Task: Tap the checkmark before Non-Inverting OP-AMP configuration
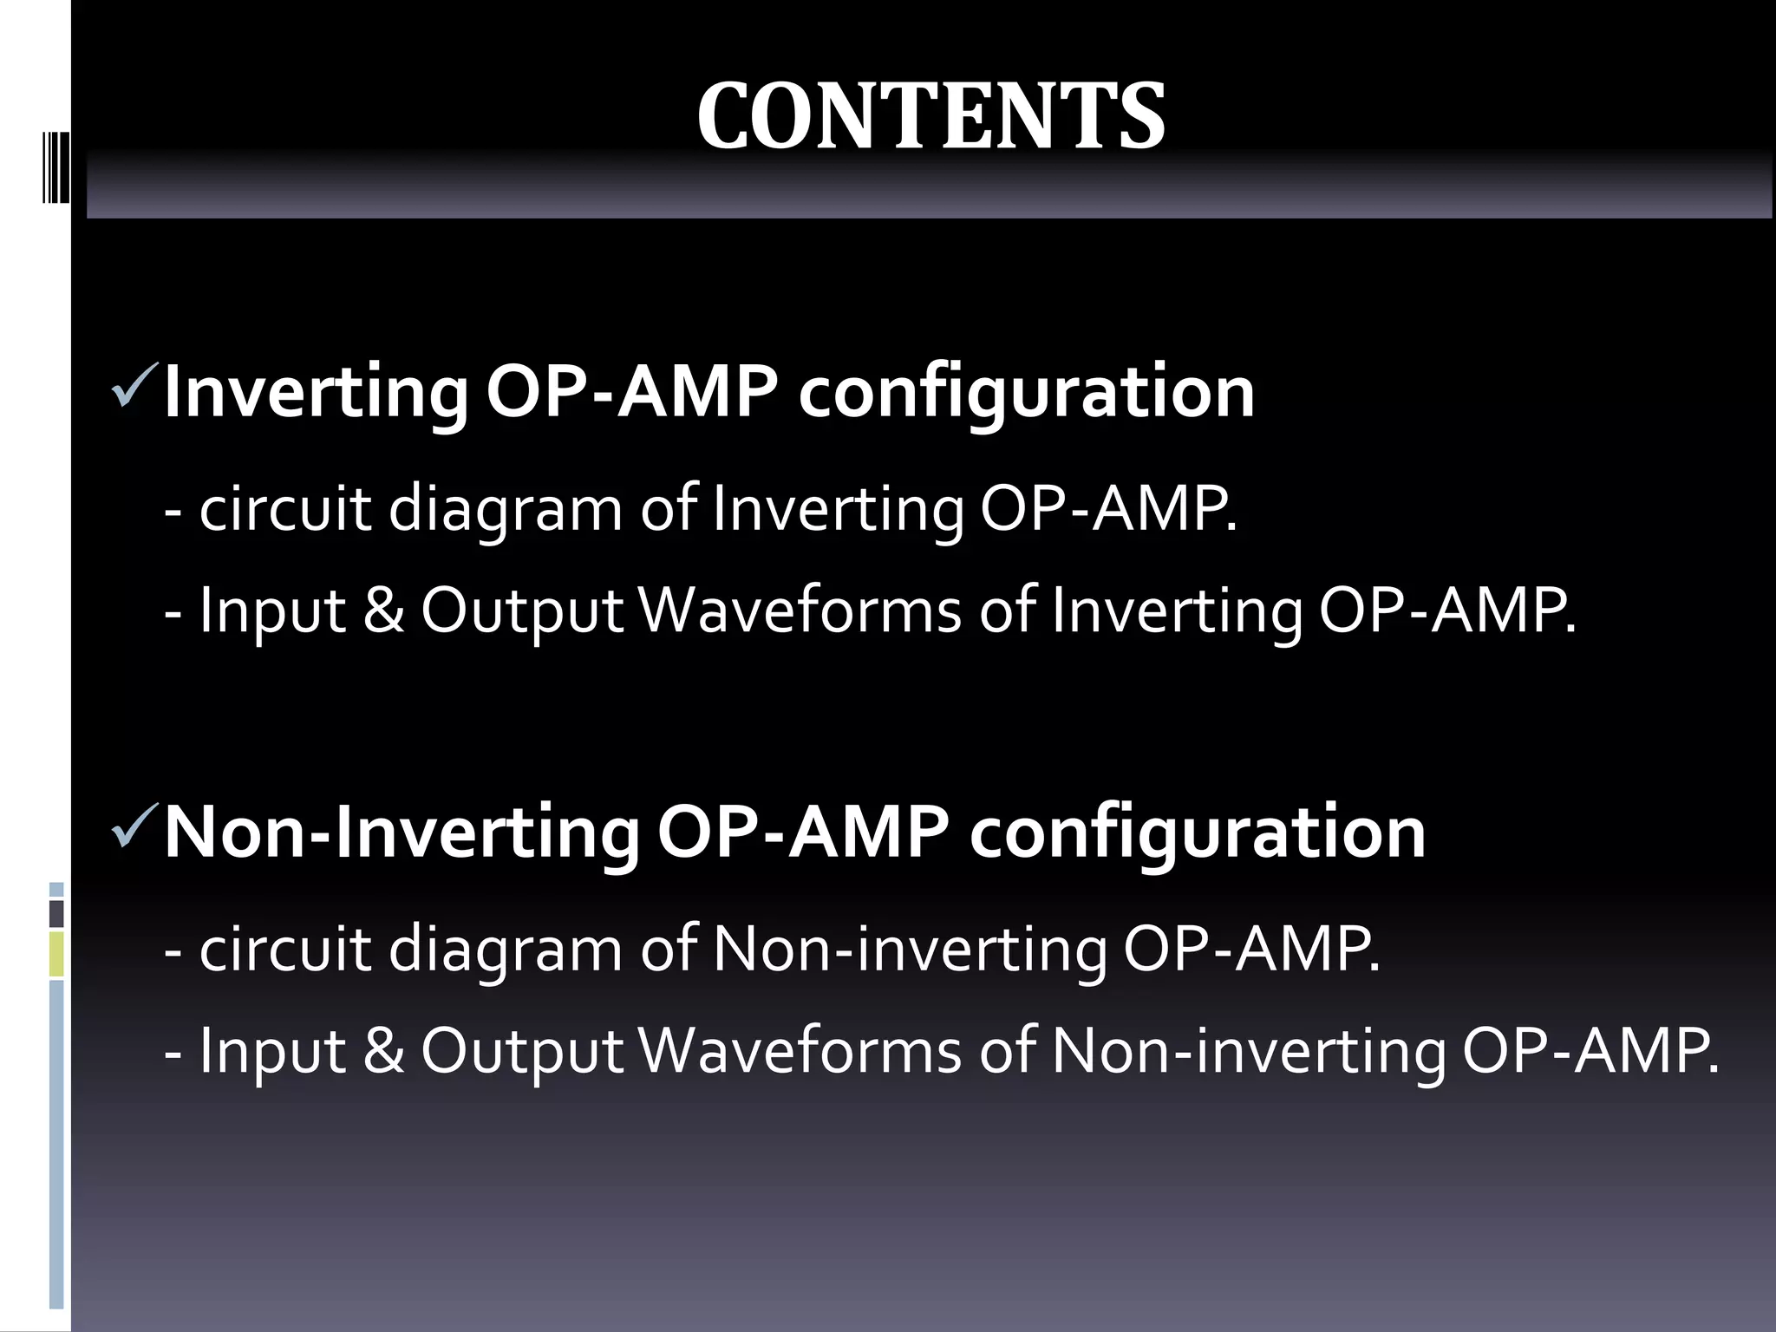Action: click(134, 826)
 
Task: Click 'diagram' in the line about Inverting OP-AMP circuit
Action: click(506, 510)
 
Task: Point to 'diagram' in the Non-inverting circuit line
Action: click(506, 950)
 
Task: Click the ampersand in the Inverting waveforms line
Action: click(383, 610)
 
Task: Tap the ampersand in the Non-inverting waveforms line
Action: click(383, 1051)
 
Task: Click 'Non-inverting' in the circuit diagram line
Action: click(910, 950)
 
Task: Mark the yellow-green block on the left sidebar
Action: click(56, 954)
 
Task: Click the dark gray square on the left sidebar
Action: click(56, 913)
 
